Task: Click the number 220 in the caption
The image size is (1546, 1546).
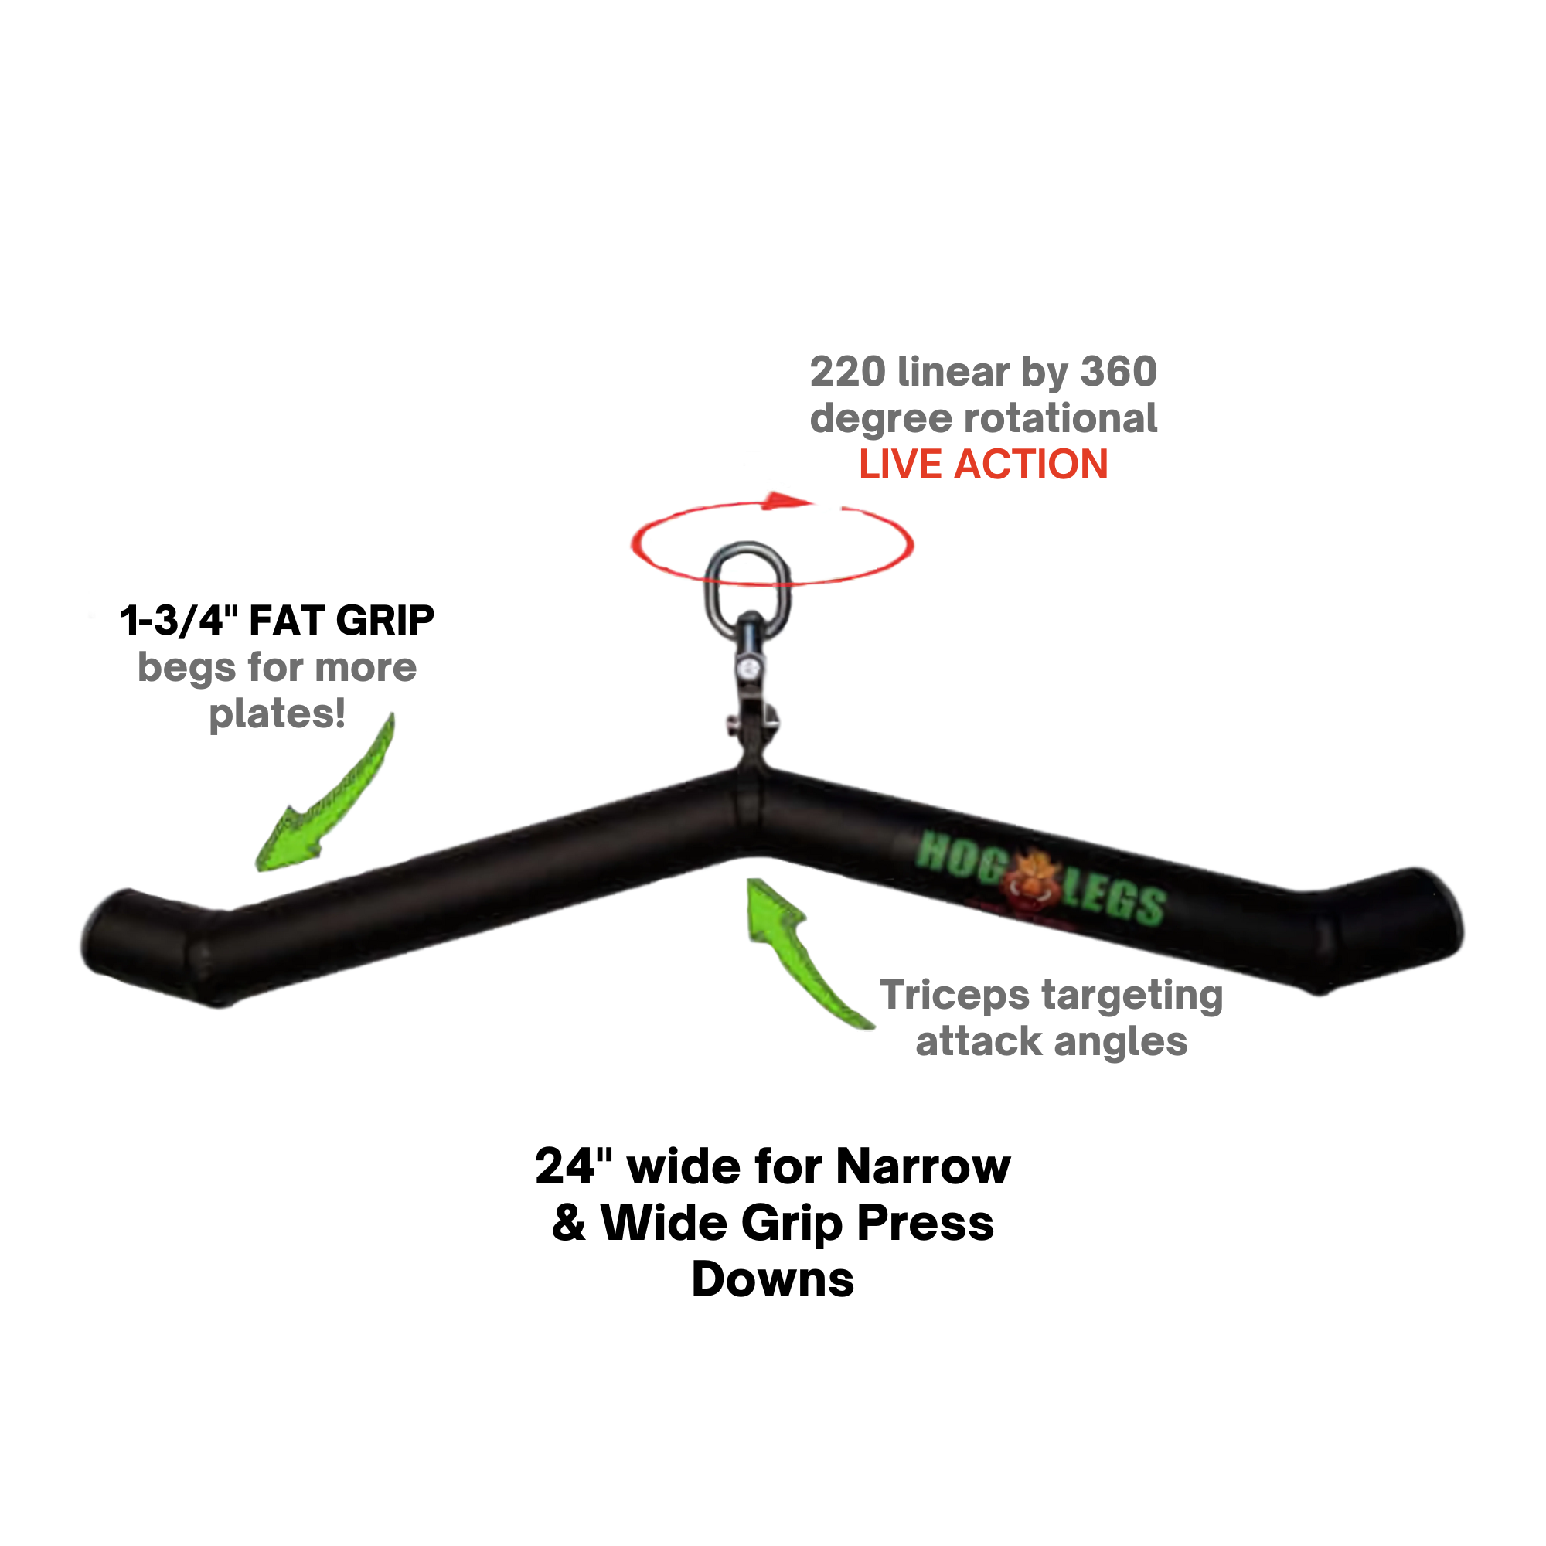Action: pyautogui.click(x=847, y=373)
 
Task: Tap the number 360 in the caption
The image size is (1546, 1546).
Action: pyautogui.click(x=1119, y=373)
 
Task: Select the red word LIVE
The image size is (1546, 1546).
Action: pyautogui.click(x=900, y=465)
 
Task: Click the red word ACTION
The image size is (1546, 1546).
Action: pyautogui.click(x=1030, y=465)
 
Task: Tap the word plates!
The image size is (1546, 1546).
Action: pyautogui.click(x=277, y=713)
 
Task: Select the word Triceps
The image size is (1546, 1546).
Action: pyautogui.click(x=954, y=996)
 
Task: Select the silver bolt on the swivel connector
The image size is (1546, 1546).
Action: pyautogui.click(x=749, y=669)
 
